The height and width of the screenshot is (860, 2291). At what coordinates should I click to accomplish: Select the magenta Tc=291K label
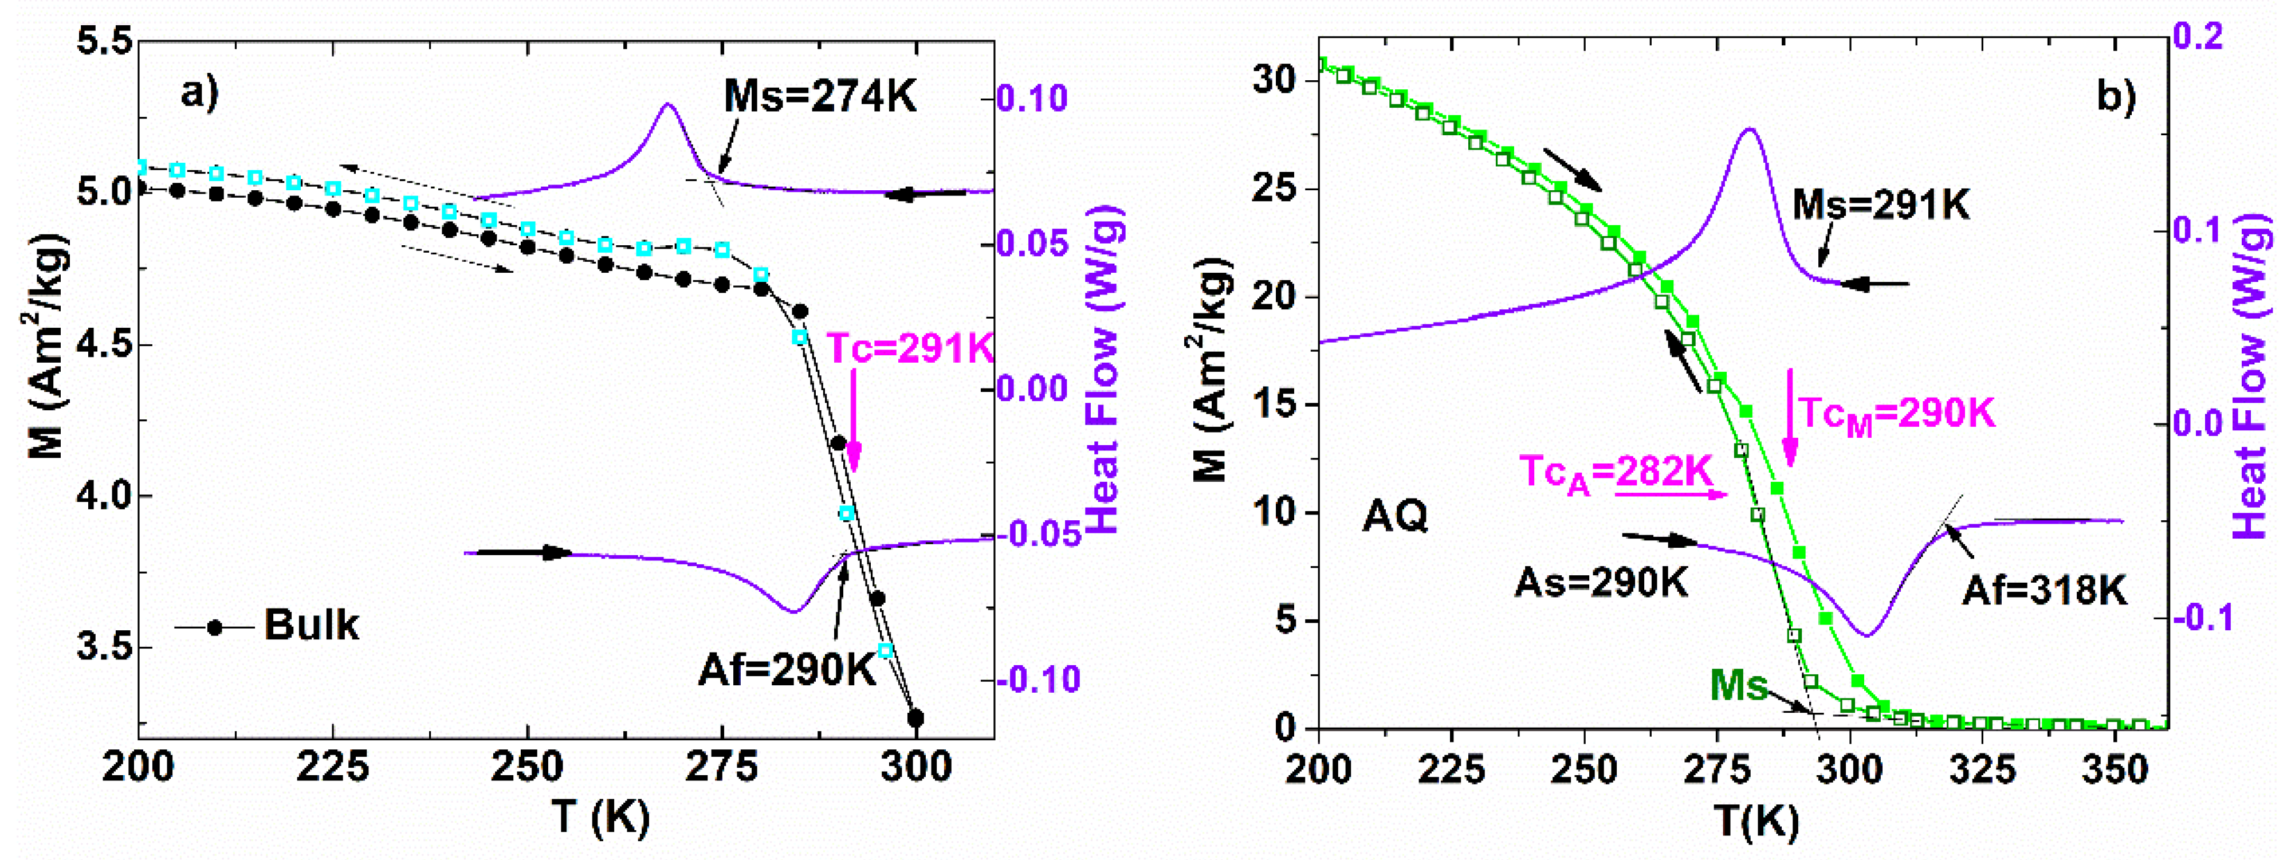point(909,348)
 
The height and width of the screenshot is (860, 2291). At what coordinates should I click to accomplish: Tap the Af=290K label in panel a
point(788,669)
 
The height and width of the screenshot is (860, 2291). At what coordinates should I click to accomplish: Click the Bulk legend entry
point(311,625)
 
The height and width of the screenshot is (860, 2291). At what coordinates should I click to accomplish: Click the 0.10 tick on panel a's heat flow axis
point(1032,98)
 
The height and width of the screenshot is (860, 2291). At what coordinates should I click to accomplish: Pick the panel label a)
point(200,91)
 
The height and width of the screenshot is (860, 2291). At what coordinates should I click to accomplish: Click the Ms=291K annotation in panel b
point(1880,205)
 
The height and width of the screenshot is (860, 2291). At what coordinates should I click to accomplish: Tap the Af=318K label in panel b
point(2044,590)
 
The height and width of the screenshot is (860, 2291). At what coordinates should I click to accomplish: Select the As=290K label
point(1600,583)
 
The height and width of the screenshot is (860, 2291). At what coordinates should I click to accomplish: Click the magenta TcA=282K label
point(1615,472)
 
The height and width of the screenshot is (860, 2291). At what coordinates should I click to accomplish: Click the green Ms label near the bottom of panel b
point(1739,685)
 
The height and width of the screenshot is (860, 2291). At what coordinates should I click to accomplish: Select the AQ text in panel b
point(1394,515)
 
